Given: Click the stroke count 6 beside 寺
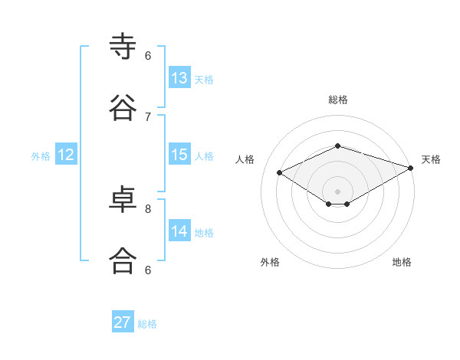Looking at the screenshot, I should point(148,55).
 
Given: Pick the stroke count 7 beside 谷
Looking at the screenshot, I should point(148,116).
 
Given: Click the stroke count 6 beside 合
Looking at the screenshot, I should point(148,270).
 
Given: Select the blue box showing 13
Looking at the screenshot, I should point(179,78).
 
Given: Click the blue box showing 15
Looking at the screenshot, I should point(179,155).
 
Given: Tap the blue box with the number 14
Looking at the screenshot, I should point(179,231).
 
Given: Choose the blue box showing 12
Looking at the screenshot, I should point(66,155).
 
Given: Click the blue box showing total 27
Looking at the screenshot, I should point(123,322).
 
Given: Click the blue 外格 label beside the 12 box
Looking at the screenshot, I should point(41,156).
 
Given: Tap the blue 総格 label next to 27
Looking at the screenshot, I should point(147,324).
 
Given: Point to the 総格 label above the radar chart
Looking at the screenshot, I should point(337,100).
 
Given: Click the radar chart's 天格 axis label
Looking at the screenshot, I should point(431,159).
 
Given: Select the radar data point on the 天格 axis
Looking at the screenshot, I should point(411,167).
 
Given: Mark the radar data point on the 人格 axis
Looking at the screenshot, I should point(280,172).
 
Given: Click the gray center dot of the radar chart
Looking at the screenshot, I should point(337,191).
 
